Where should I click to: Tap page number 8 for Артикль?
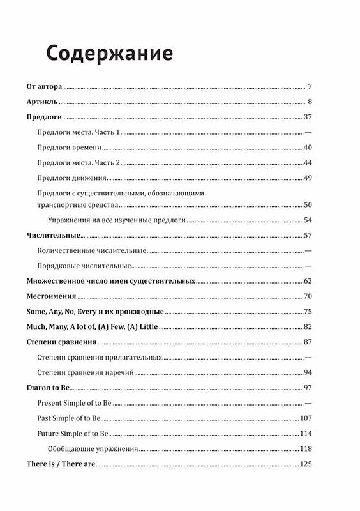point(309,102)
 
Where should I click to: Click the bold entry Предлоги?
point(44,117)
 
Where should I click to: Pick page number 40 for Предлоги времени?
point(307,148)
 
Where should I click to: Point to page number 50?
point(307,205)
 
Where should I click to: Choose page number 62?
point(307,281)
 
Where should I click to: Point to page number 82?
point(307,327)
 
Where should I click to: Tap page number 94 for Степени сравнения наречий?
point(307,373)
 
